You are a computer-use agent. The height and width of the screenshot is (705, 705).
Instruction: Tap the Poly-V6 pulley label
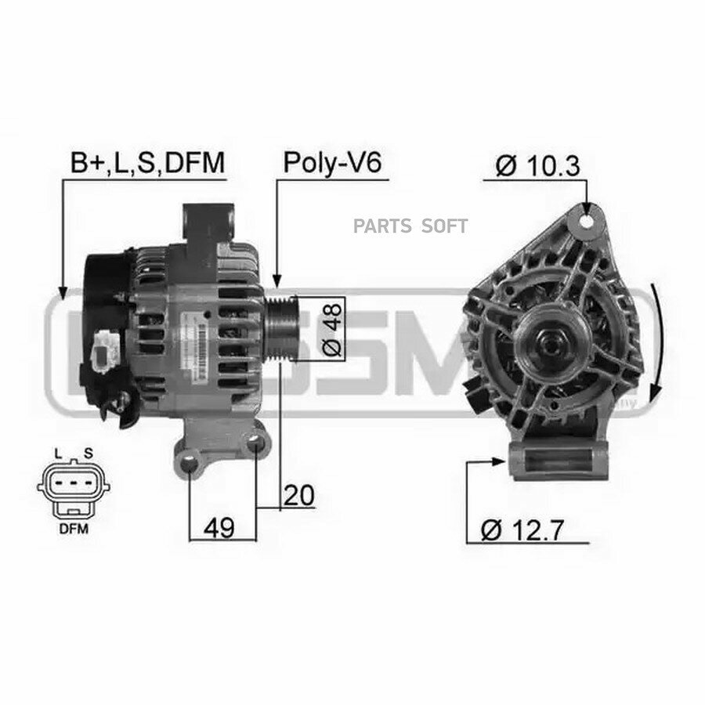click(331, 162)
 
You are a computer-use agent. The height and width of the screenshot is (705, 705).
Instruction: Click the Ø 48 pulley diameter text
click(332, 328)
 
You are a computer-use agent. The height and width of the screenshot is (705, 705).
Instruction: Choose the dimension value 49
click(220, 528)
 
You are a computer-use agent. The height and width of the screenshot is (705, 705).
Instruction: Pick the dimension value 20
click(299, 495)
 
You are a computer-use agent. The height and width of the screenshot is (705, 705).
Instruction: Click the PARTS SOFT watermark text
click(410, 226)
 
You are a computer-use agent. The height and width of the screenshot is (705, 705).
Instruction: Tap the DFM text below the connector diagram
click(72, 528)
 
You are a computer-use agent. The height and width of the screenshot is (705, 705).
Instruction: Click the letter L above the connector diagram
click(57, 453)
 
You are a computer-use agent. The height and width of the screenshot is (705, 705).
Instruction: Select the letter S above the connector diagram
click(88, 453)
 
